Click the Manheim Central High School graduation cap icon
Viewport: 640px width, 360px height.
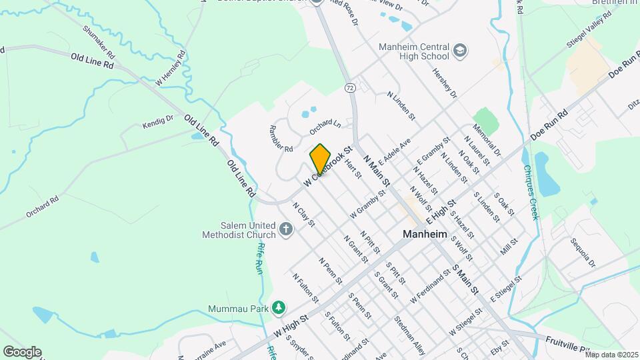460,51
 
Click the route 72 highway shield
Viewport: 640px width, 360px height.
350,87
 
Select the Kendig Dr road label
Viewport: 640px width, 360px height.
157,121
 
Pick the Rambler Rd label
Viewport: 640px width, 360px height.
281,139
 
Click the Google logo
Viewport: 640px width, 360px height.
22,352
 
